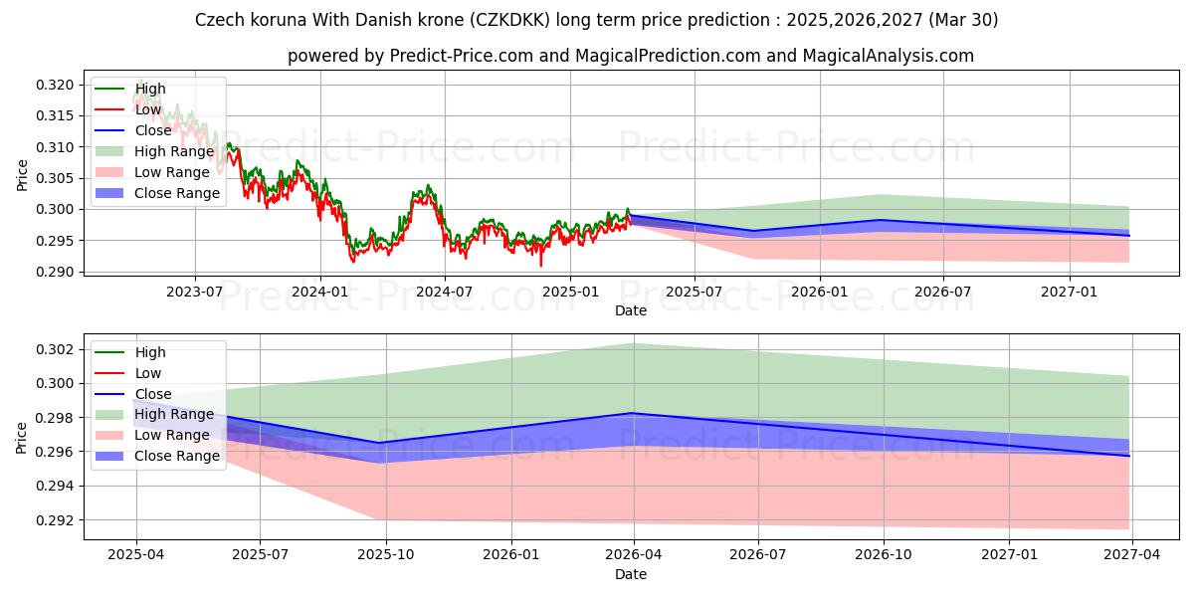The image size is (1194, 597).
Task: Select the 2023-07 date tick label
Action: click(194, 292)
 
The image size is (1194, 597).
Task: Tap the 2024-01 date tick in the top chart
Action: click(319, 292)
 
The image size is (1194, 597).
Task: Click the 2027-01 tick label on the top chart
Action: click(1070, 292)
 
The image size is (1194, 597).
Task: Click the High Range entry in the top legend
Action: click(174, 151)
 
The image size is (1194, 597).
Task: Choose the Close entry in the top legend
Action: click(152, 130)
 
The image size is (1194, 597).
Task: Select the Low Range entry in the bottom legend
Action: click(172, 435)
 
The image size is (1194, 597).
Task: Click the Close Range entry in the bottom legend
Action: click(177, 456)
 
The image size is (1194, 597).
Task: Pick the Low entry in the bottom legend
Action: click(149, 373)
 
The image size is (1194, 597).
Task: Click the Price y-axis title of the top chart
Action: click(22, 175)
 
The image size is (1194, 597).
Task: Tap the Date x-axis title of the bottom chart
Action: click(630, 574)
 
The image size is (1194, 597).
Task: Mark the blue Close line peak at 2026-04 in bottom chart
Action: click(634, 413)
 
